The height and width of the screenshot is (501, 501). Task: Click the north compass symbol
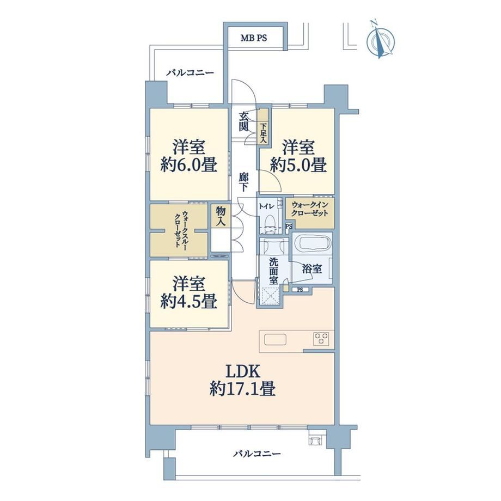pyautogui.click(x=380, y=40)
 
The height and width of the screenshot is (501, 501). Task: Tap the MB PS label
pyautogui.click(x=253, y=38)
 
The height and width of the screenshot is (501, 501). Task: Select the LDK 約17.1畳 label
pyautogui.click(x=242, y=380)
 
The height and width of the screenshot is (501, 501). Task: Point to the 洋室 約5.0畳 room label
pyautogui.click(x=298, y=157)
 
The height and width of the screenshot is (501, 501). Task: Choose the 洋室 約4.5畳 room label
pyautogui.click(x=189, y=293)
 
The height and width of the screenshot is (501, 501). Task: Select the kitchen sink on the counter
pyautogui.click(x=275, y=339)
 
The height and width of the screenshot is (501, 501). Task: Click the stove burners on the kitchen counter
pyautogui.click(x=321, y=339)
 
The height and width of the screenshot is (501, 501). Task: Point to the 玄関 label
pyautogui.click(x=243, y=122)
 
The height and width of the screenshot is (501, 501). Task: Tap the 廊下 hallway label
pyautogui.click(x=243, y=182)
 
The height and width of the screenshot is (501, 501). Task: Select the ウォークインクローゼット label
pyautogui.click(x=310, y=209)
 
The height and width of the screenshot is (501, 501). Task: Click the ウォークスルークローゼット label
pyautogui.click(x=180, y=229)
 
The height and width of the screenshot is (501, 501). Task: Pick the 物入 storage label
pyautogui.click(x=221, y=216)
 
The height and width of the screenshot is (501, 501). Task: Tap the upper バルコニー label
pyautogui.click(x=190, y=73)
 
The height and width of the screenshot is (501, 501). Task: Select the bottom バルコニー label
pyautogui.click(x=257, y=454)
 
